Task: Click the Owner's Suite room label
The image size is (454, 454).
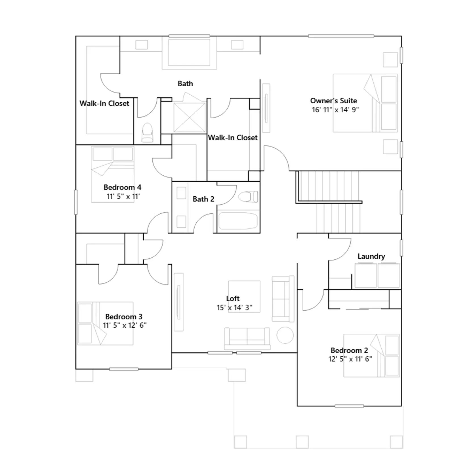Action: click(333, 101)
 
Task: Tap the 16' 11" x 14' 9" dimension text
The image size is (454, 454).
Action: click(335, 110)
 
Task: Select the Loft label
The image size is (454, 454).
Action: click(233, 299)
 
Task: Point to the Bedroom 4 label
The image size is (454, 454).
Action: click(122, 187)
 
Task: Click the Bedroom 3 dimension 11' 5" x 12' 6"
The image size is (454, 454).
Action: click(125, 325)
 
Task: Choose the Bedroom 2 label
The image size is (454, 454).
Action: click(349, 350)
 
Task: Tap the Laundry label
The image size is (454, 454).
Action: click(371, 257)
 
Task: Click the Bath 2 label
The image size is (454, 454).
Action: click(203, 199)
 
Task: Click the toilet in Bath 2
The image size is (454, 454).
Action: click(248, 197)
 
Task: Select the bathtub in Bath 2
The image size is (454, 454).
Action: click(238, 221)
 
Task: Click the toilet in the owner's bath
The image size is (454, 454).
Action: click(147, 133)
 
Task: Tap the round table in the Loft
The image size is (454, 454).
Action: click(285, 335)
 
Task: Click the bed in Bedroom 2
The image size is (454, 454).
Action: click(371, 356)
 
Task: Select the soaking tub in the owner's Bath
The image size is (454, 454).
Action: click(189, 53)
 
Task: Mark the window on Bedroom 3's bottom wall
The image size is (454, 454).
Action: click(124, 369)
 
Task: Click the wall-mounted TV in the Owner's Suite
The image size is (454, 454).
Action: click(266, 108)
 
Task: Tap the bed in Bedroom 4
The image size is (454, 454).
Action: click(112, 174)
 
